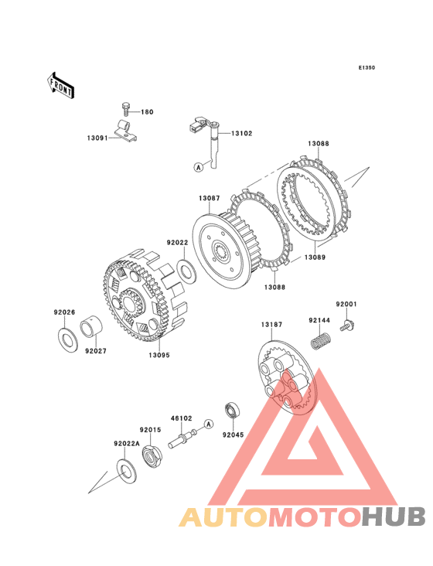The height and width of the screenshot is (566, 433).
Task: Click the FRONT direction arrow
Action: [60, 85]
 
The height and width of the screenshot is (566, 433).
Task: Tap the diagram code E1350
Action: [367, 67]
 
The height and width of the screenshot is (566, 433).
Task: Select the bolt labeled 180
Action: [124, 110]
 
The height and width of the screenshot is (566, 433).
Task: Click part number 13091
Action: [97, 138]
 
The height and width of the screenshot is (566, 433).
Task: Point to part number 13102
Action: [241, 133]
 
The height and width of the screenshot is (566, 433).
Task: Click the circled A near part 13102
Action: [199, 167]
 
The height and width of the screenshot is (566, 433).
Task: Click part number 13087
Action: [209, 198]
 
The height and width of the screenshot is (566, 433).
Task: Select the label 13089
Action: [315, 257]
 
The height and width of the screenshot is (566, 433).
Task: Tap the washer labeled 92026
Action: [67, 340]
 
